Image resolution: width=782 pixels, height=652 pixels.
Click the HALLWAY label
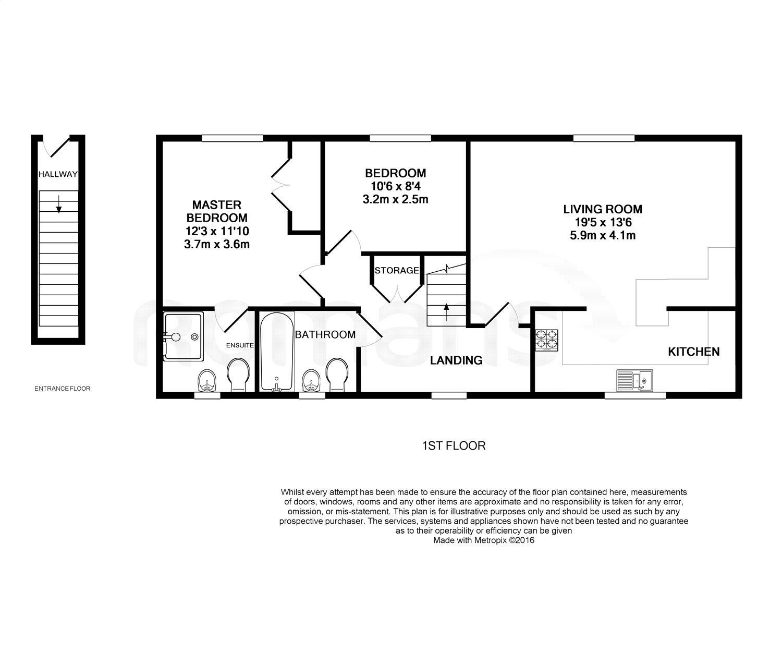click(58, 174)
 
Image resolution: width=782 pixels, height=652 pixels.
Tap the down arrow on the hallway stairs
click(59, 204)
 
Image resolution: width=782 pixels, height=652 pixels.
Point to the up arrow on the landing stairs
click(446, 312)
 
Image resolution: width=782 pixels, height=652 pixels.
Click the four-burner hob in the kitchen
click(546, 340)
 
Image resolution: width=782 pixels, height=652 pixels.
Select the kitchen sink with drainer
click(634, 380)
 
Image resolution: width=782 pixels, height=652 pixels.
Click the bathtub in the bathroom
click(277, 352)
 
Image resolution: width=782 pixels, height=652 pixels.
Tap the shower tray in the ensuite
click(184, 336)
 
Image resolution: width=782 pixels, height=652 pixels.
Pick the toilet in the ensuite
click(239, 375)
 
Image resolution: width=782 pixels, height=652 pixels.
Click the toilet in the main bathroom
click(337, 375)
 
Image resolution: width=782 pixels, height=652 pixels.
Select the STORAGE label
click(397, 270)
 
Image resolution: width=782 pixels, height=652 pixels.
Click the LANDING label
click(456, 360)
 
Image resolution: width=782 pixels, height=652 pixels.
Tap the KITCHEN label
click(693, 352)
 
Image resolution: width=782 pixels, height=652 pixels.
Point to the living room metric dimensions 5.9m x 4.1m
click(603, 235)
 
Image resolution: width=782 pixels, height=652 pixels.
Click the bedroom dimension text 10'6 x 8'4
click(396, 186)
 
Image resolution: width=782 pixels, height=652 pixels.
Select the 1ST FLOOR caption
click(454, 445)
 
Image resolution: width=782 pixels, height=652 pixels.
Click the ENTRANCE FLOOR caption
click(62, 389)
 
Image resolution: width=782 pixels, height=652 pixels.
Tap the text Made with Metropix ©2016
click(483, 540)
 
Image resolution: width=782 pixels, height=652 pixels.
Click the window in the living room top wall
click(604, 138)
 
